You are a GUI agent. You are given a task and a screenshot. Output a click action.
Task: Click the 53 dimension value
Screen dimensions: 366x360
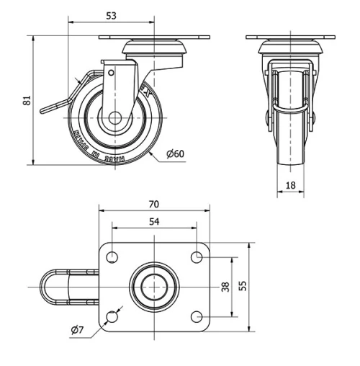pyautogui.click(x=110, y=15)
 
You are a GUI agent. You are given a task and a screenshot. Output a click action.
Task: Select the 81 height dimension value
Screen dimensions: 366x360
pyautogui.click(x=27, y=102)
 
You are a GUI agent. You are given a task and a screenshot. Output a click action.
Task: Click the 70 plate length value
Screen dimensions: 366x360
pyautogui.click(x=154, y=204)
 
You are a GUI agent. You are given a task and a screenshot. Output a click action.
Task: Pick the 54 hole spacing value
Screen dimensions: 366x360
pyautogui.click(x=154, y=222)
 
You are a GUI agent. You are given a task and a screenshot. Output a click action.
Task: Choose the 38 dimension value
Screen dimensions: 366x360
pyautogui.click(x=225, y=286)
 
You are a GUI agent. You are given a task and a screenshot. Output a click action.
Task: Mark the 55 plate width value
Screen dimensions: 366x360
pyautogui.click(x=243, y=285)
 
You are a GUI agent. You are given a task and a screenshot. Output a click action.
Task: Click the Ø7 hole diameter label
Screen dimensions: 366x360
pyautogui.click(x=78, y=331)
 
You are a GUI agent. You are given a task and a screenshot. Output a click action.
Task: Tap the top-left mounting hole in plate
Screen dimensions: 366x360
pyautogui.click(x=112, y=256)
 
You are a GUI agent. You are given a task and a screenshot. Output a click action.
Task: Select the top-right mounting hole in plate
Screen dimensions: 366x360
pyautogui.click(x=196, y=256)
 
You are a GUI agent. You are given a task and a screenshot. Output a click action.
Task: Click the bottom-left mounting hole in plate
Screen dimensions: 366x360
pyautogui.click(x=112, y=316)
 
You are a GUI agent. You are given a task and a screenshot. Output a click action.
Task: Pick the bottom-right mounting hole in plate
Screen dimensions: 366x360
pyautogui.click(x=196, y=316)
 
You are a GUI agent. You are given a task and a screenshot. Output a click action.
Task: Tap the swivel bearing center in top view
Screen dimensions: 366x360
pyautogui.click(x=154, y=286)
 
